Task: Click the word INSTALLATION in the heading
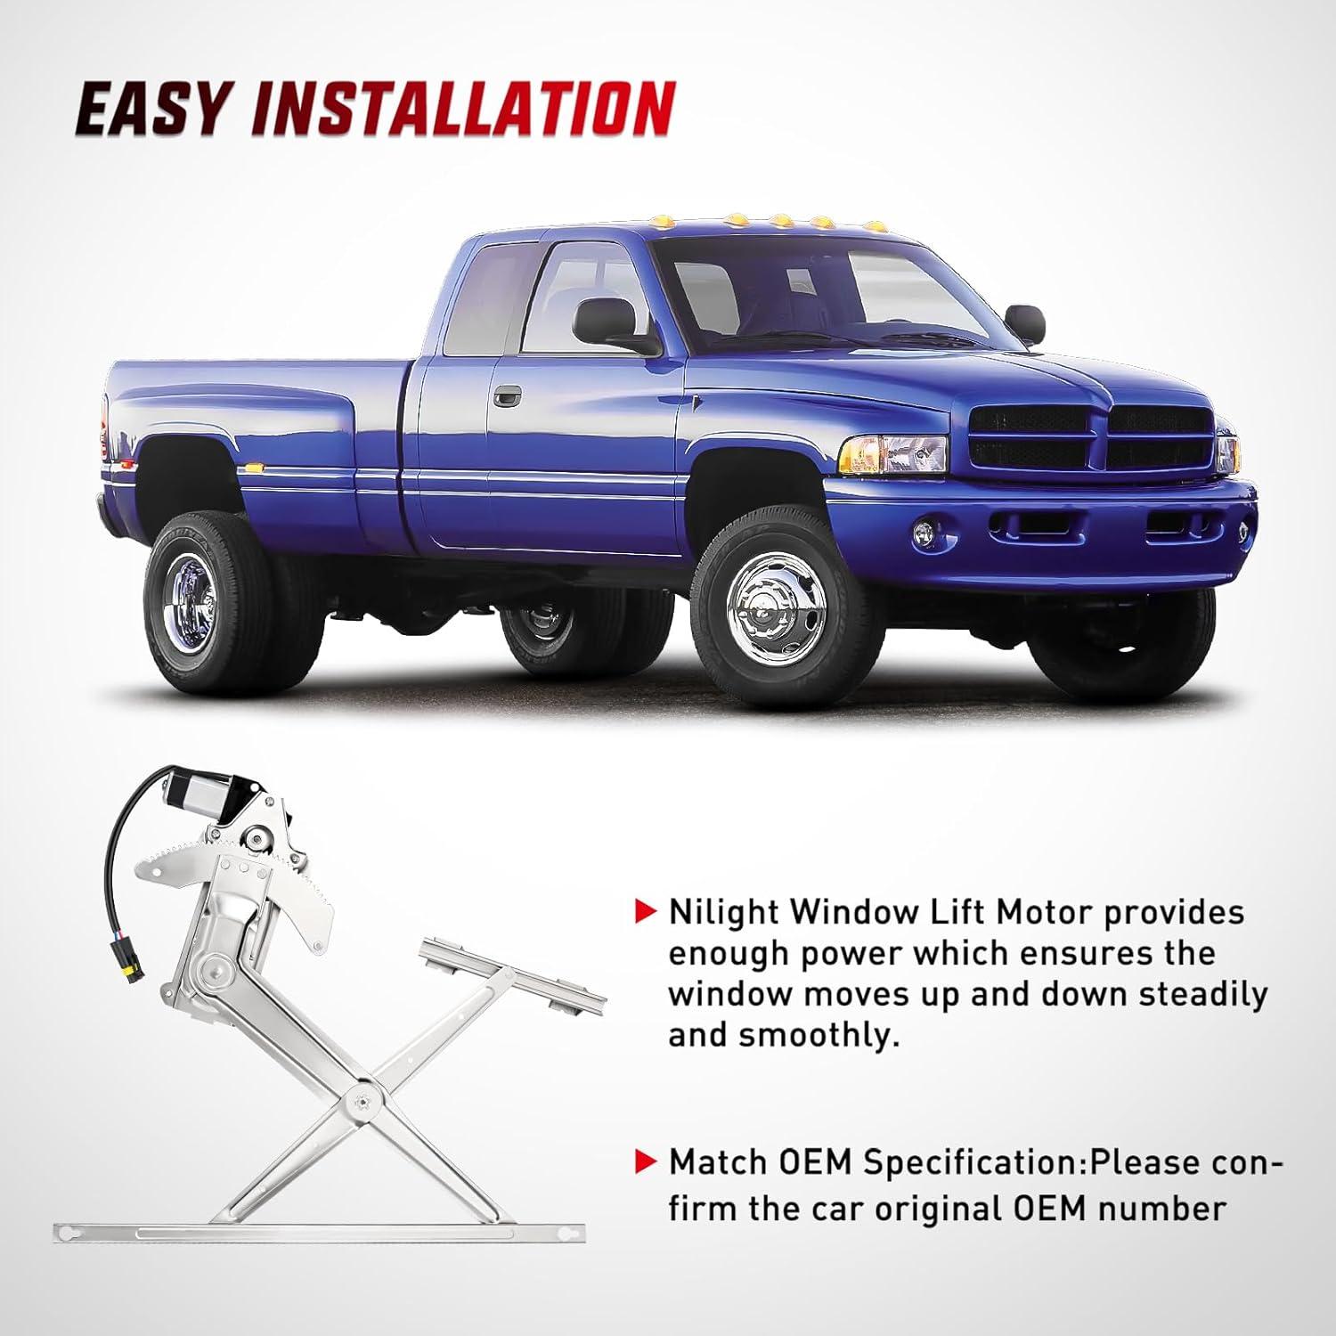(463, 110)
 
